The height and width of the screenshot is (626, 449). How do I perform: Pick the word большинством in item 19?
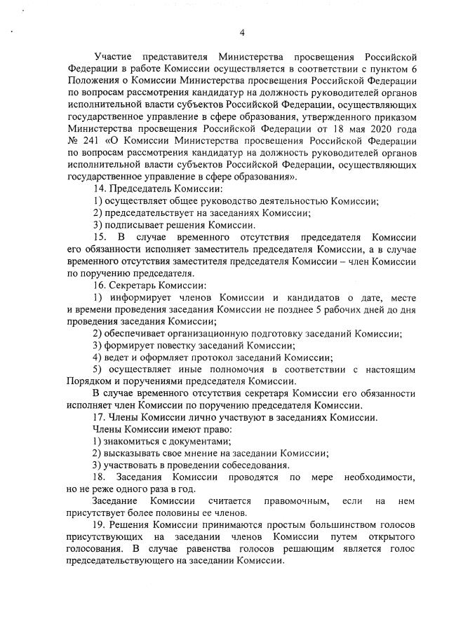pyautogui.click(x=314, y=526)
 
